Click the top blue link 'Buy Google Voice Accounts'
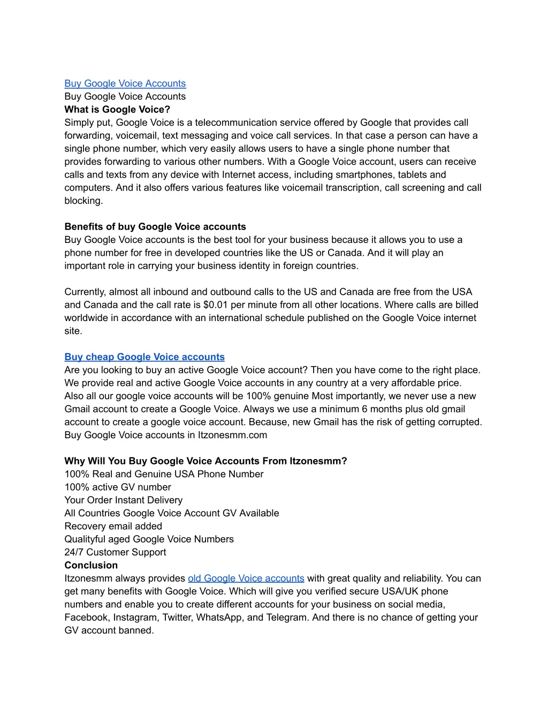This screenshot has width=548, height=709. click(x=125, y=83)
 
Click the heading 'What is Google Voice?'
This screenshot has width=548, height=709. click(x=117, y=110)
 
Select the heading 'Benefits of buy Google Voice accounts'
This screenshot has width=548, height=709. click(x=155, y=227)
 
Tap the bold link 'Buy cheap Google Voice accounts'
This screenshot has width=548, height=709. click(x=144, y=357)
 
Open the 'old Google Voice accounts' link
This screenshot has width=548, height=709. click(x=246, y=578)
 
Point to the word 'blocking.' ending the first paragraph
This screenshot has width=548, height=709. click(x=83, y=201)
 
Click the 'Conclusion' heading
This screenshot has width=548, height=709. click(x=91, y=566)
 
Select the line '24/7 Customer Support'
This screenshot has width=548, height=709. click(x=115, y=552)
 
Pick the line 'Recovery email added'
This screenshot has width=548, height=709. click(x=113, y=527)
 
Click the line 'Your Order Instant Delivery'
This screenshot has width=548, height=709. click(x=123, y=500)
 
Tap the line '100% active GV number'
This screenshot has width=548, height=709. click(x=118, y=487)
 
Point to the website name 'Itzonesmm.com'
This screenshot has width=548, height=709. click(x=232, y=435)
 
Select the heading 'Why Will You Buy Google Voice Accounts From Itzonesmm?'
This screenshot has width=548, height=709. click(x=205, y=461)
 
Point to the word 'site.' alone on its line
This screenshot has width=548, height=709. click(x=73, y=331)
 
